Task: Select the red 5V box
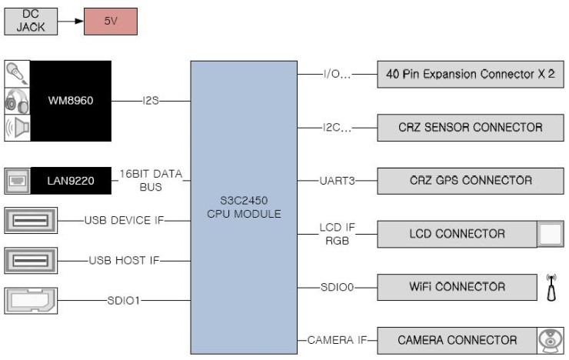click(x=109, y=21)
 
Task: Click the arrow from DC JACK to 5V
click(x=70, y=21)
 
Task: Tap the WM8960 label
click(x=70, y=101)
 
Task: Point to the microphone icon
click(x=18, y=74)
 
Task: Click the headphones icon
click(x=18, y=101)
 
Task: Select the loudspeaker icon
click(x=18, y=128)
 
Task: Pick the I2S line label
click(x=151, y=101)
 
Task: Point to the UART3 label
click(x=336, y=181)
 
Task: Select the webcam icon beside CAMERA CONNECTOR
click(x=549, y=340)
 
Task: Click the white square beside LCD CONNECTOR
click(x=549, y=234)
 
